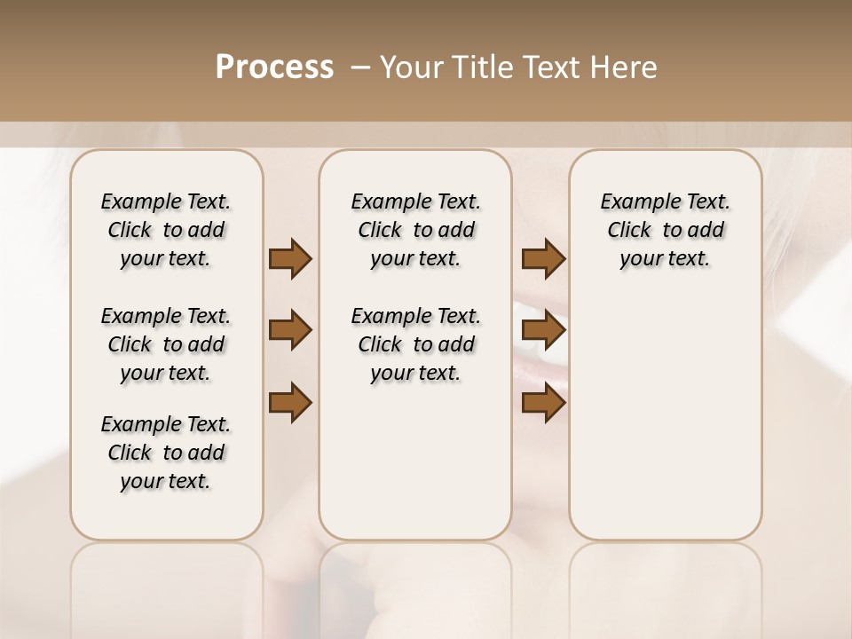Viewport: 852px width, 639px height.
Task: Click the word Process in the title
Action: tap(274, 67)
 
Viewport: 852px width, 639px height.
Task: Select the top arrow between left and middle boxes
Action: tap(290, 259)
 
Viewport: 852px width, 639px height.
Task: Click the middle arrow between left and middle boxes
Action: tap(290, 331)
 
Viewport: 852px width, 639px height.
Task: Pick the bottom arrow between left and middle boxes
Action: tap(290, 403)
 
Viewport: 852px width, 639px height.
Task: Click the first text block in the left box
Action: tap(166, 230)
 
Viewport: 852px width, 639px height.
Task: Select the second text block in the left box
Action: tap(166, 344)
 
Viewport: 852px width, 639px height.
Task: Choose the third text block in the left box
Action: tap(166, 453)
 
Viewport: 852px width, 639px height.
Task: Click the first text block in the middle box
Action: tap(416, 230)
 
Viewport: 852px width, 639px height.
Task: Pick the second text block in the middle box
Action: tap(416, 344)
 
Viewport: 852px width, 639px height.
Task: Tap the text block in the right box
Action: tap(666, 230)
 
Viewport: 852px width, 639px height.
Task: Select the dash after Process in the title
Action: tap(359, 67)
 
